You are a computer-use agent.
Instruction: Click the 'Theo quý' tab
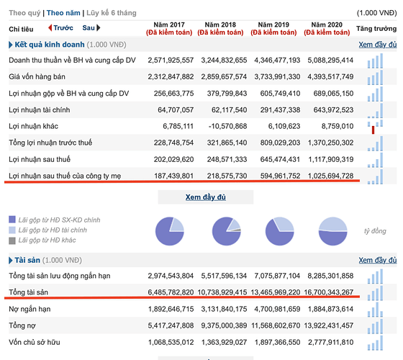tap(24, 13)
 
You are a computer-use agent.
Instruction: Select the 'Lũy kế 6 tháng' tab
tap(112, 13)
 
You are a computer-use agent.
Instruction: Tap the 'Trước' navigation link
tap(60, 28)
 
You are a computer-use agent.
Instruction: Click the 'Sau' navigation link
tap(91, 28)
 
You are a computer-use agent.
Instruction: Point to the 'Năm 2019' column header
tap(273, 24)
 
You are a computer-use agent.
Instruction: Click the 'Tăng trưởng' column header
tap(376, 29)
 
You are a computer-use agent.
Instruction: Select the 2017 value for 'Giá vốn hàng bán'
tap(171, 76)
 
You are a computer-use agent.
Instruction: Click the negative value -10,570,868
tap(227, 126)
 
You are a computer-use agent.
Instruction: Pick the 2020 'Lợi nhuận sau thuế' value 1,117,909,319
tap(331, 159)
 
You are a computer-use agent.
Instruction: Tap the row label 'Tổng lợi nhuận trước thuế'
tap(50, 143)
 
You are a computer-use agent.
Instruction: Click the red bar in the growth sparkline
tap(373, 130)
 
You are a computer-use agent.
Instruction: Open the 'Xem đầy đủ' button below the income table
tap(206, 197)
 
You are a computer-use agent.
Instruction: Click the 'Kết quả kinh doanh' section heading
tap(50, 45)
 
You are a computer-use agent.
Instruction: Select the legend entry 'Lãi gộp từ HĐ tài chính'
tap(53, 230)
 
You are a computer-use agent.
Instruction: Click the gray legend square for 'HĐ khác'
tap(12, 240)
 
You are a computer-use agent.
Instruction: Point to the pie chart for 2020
tap(332, 231)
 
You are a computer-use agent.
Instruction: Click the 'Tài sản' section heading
tap(27, 260)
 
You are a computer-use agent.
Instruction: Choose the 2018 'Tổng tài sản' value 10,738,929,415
tap(222, 292)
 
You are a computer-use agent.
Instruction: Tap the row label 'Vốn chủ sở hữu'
tap(35, 342)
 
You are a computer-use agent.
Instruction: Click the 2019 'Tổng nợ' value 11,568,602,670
tap(276, 325)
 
